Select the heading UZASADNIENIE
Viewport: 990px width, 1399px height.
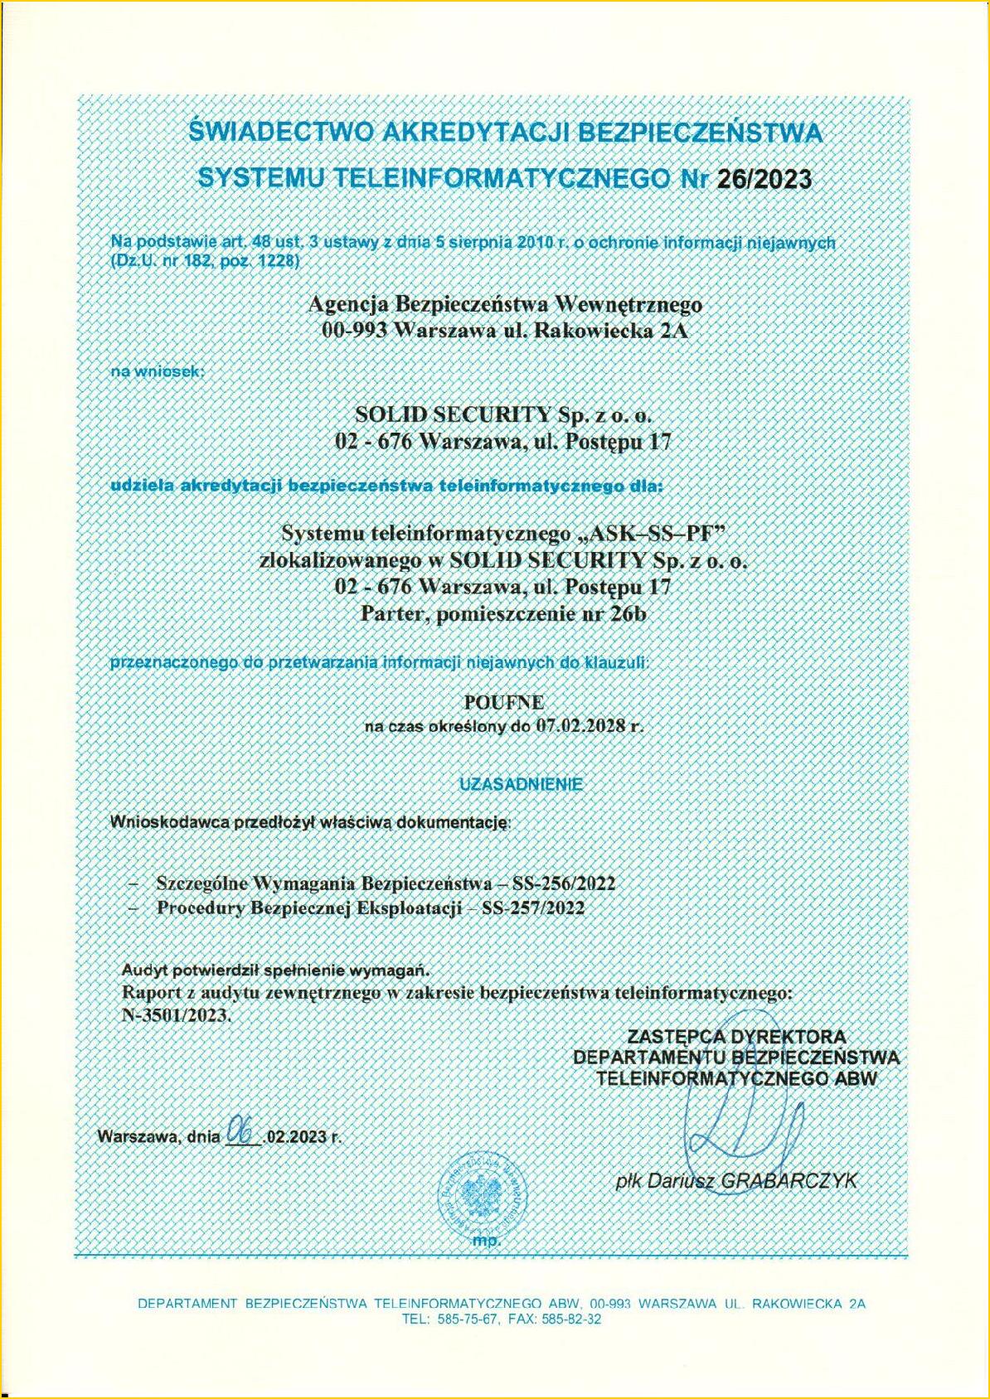point(522,783)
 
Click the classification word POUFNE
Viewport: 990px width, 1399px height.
point(504,702)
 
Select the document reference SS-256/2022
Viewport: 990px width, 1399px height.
point(564,883)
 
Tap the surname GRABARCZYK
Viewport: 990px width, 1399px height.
point(788,1181)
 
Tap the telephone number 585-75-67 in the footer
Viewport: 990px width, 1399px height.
point(465,1320)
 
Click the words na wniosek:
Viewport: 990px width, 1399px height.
point(158,371)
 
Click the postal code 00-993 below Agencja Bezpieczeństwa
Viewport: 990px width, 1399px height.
point(352,331)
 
